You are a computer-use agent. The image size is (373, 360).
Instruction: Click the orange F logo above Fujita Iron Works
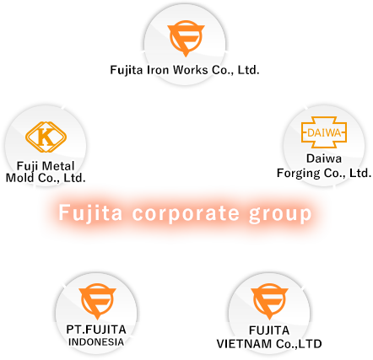click(186, 38)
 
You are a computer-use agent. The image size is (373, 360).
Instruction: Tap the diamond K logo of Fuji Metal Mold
click(46, 137)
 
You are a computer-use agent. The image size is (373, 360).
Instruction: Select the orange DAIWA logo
click(324, 132)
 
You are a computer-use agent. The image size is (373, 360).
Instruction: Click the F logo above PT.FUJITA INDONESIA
click(97, 301)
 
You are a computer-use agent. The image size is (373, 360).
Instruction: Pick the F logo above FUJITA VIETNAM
click(269, 301)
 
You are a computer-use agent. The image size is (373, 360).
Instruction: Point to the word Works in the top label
click(191, 70)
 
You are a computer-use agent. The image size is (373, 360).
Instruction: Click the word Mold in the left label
click(19, 178)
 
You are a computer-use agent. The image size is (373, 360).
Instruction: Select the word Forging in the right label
click(299, 173)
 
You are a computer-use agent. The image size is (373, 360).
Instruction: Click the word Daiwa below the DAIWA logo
click(324, 159)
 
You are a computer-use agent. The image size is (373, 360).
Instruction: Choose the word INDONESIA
click(96, 342)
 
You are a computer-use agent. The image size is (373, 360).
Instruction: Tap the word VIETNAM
click(244, 344)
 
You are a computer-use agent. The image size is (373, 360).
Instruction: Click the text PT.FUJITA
click(96, 330)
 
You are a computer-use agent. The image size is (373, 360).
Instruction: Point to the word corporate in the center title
click(186, 214)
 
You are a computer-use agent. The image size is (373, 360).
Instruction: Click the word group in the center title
click(280, 214)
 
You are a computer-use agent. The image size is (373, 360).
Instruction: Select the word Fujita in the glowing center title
click(90, 213)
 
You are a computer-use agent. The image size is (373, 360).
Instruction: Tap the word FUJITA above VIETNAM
click(269, 330)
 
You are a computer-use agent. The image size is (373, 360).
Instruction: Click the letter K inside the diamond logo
click(46, 137)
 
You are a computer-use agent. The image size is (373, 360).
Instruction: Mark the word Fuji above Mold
click(27, 166)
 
